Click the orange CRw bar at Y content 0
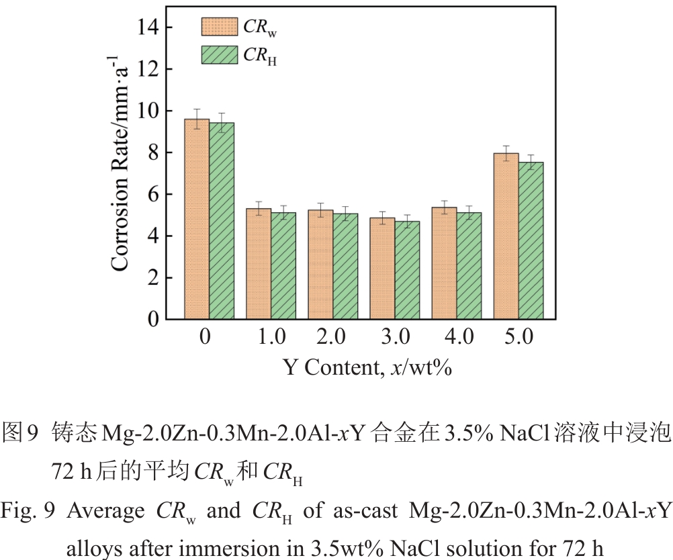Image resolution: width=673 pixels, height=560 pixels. [x=197, y=219]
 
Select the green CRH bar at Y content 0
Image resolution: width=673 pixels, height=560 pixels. [x=222, y=221]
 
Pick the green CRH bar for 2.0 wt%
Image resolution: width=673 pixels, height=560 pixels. [x=345, y=267]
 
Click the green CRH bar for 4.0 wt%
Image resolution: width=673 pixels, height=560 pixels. [x=469, y=266]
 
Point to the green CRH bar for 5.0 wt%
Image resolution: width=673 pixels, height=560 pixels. [x=531, y=240]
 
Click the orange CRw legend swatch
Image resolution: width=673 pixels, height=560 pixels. [x=219, y=26]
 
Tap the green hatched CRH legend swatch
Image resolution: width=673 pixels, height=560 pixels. [x=219, y=54]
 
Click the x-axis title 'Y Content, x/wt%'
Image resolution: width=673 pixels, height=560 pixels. [x=366, y=367]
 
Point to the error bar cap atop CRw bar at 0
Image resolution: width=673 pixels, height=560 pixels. [x=197, y=109]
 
